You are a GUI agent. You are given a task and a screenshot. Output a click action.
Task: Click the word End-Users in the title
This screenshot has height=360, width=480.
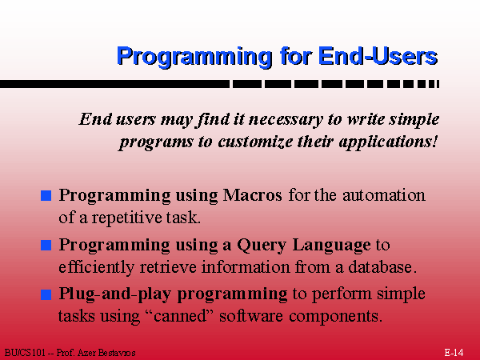(x=378, y=56)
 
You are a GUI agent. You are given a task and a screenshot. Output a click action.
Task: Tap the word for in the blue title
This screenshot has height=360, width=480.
(x=295, y=56)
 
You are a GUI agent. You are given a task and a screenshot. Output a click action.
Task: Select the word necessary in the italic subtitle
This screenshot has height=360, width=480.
(x=286, y=120)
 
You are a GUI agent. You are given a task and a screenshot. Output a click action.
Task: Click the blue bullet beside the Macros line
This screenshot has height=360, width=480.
(x=46, y=196)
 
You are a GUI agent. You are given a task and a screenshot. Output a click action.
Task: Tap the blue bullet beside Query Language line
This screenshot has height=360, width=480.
(x=46, y=246)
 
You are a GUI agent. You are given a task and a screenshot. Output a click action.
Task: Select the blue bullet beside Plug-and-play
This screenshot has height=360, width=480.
(x=46, y=294)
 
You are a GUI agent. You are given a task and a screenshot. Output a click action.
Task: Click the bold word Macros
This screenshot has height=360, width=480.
(x=252, y=195)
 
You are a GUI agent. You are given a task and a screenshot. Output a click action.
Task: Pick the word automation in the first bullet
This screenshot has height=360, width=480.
(x=384, y=195)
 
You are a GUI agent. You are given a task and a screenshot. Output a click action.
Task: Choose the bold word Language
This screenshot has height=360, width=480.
(x=331, y=246)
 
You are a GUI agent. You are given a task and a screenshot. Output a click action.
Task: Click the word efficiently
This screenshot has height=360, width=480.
(x=96, y=267)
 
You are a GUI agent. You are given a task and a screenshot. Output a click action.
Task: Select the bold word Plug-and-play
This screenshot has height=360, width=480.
(x=114, y=294)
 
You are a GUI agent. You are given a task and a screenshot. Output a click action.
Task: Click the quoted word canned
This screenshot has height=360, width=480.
(x=180, y=316)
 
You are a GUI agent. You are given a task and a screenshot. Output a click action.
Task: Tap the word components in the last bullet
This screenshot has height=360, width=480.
(x=335, y=316)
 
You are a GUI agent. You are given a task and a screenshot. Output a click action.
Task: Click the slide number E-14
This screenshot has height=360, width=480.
(x=454, y=353)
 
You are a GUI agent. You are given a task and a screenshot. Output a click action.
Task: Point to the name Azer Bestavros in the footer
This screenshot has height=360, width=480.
(x=106, y=353)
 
